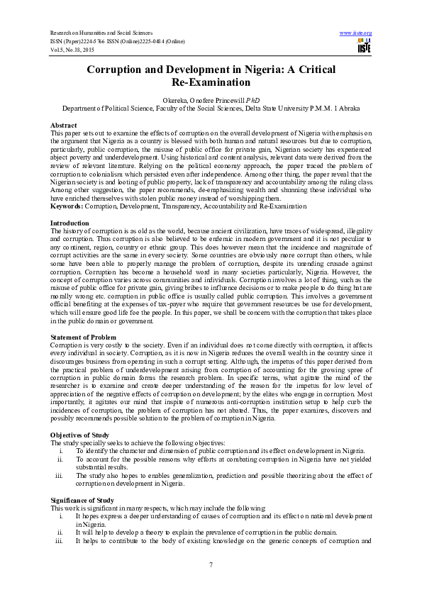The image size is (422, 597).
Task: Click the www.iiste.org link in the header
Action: point(356,33)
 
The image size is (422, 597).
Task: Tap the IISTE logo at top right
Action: point(365,47)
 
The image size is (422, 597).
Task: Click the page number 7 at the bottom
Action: point(211,564)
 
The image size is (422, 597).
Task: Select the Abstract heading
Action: point(65,125)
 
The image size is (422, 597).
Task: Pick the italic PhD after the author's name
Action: point(245,101)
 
